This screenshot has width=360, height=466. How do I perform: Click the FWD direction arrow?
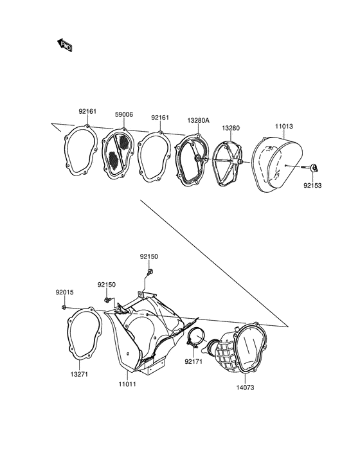tap(65, 45)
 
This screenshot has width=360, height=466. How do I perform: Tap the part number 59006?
tap(124, 114)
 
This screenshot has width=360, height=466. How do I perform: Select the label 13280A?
tap(198, 121)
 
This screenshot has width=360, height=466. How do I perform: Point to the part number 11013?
tap(283, 127)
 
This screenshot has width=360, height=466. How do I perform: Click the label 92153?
tap(312, 186)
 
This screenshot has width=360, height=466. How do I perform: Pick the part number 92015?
tap(64, 292)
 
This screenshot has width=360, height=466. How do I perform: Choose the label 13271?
tap(79, 375)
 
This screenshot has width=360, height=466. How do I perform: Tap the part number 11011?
tap(127, 384)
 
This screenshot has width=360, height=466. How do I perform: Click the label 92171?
tap(194, 362)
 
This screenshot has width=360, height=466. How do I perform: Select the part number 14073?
tap(246, 388)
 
